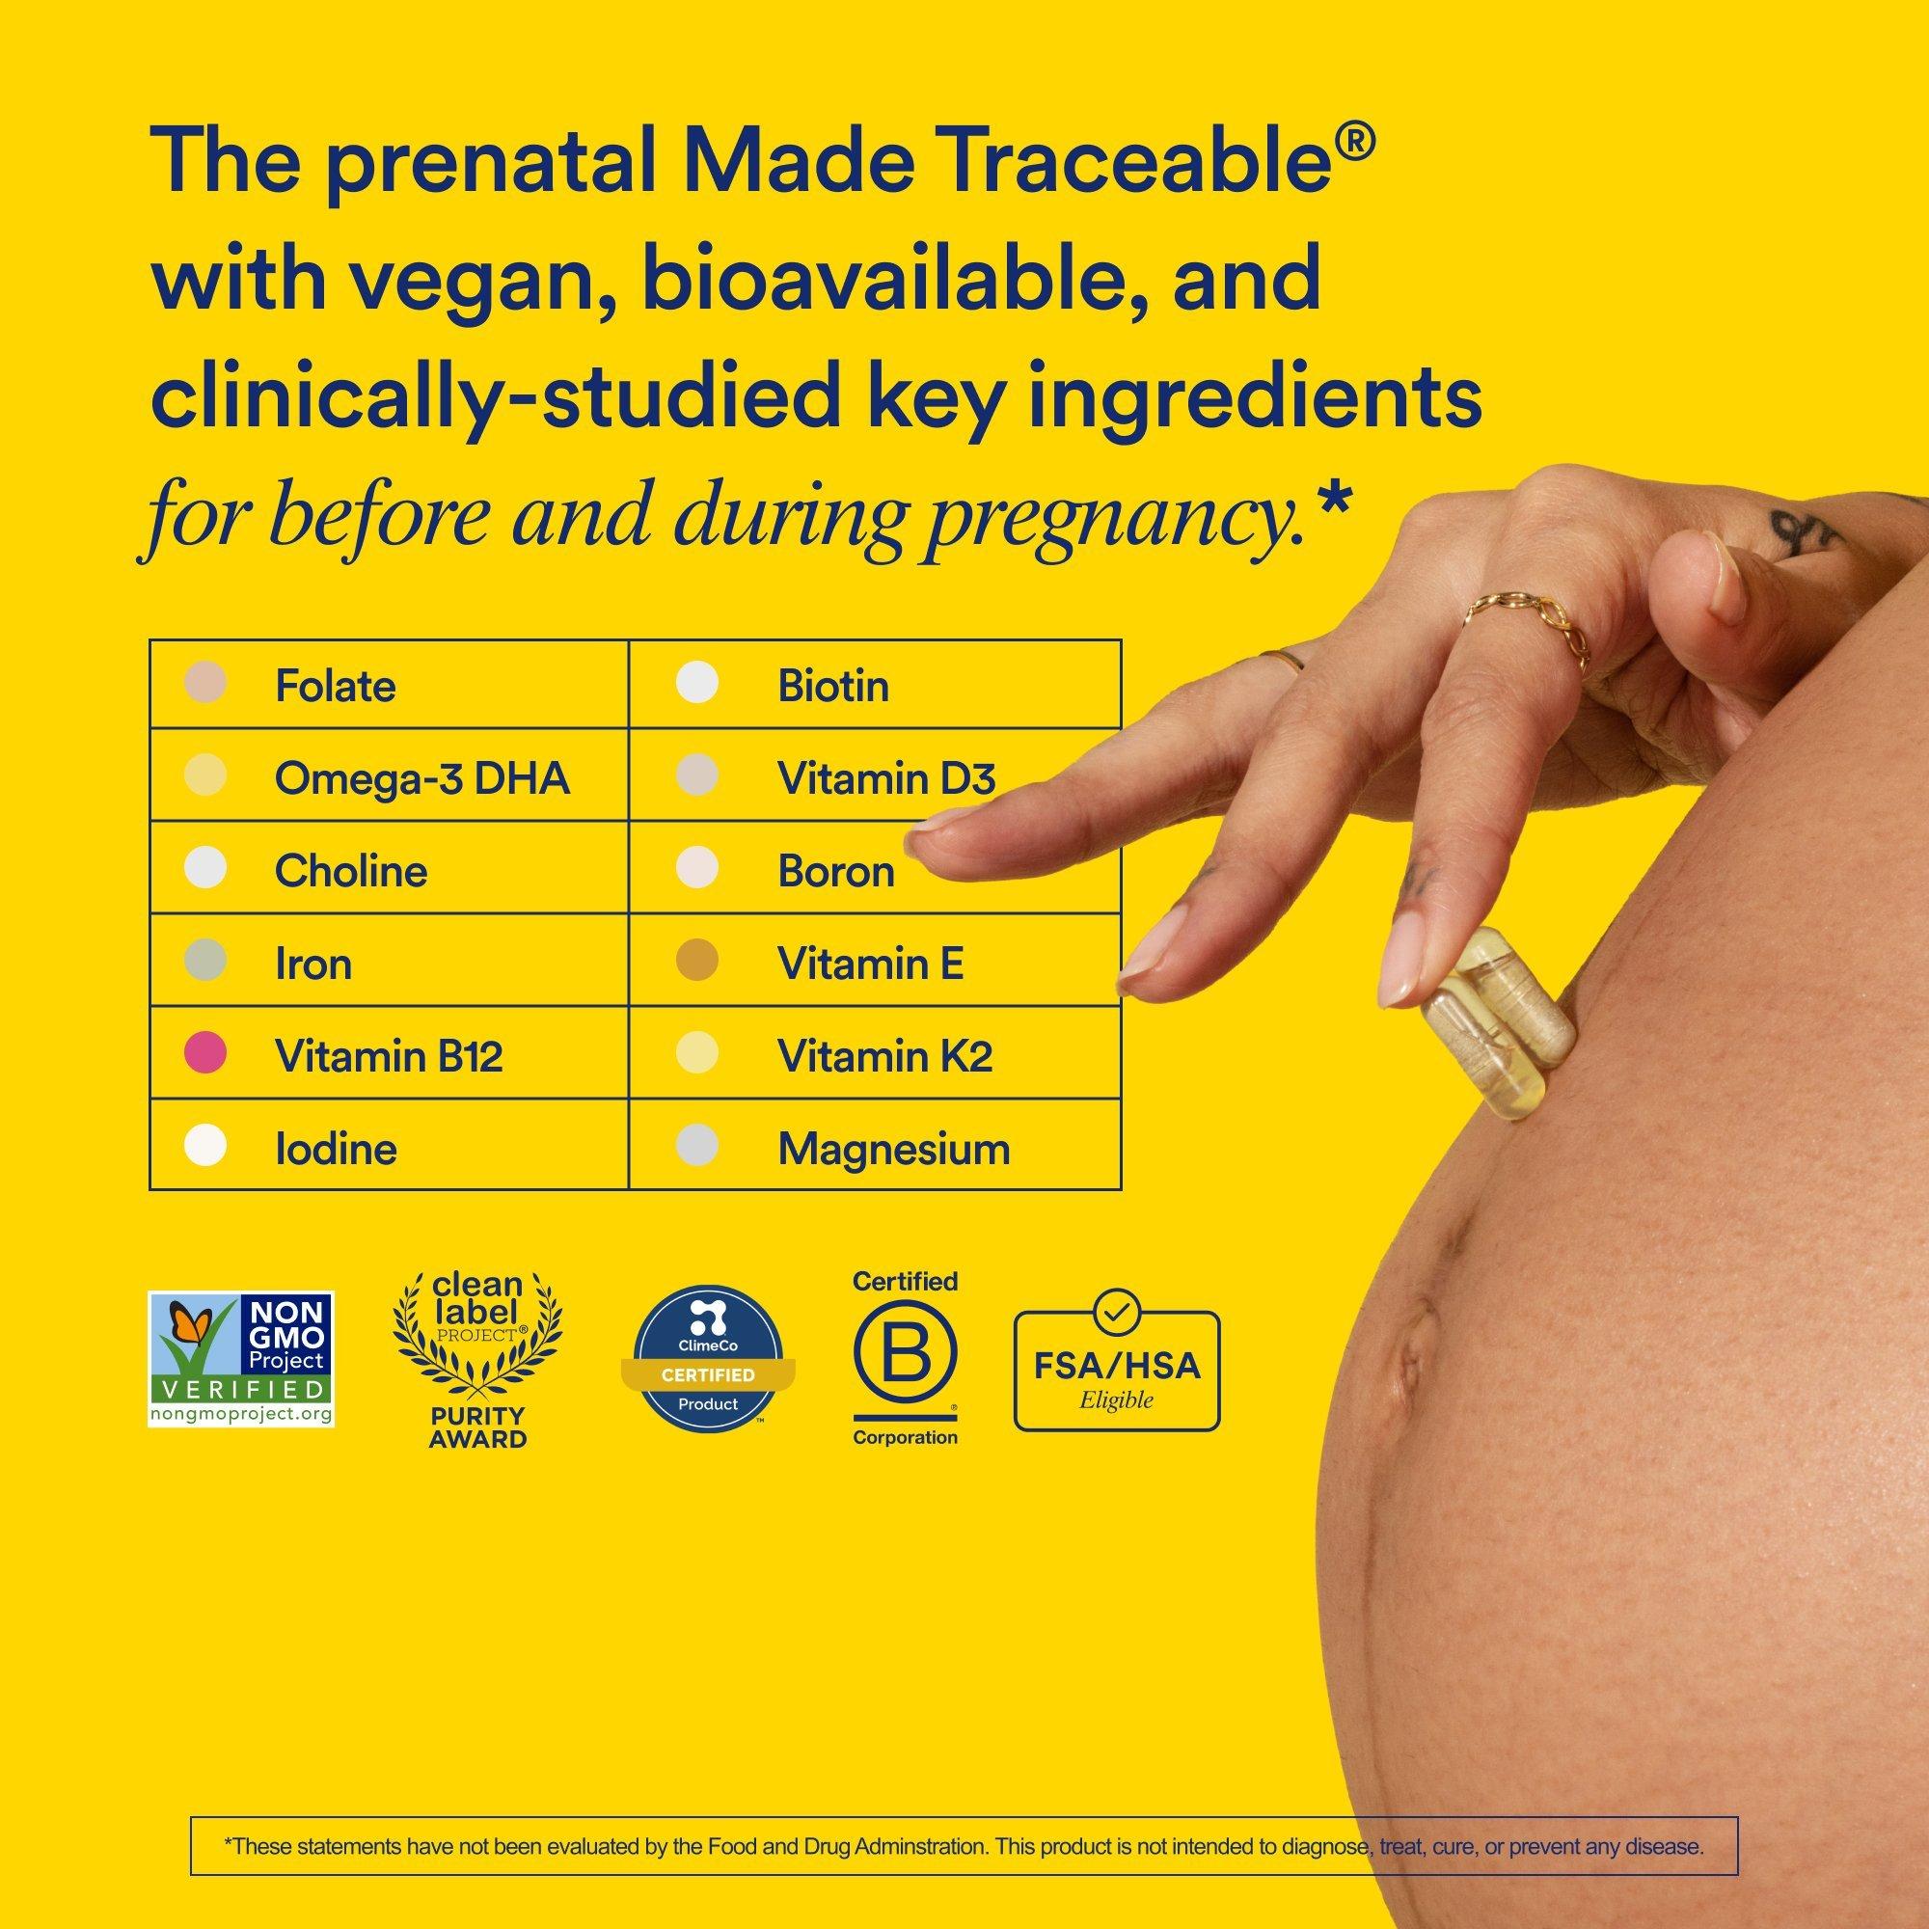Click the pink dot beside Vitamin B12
[205, 1053]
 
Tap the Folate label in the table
[335, 687]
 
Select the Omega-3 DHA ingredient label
[421, 778]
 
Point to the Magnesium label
[894, 1150]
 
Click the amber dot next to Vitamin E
[697, 962]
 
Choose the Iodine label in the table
[336, 1150]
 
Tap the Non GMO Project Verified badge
[240, 1359]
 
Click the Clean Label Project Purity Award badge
[477, 1359]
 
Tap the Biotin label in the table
[832, 687]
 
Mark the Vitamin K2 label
[884, 1056]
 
